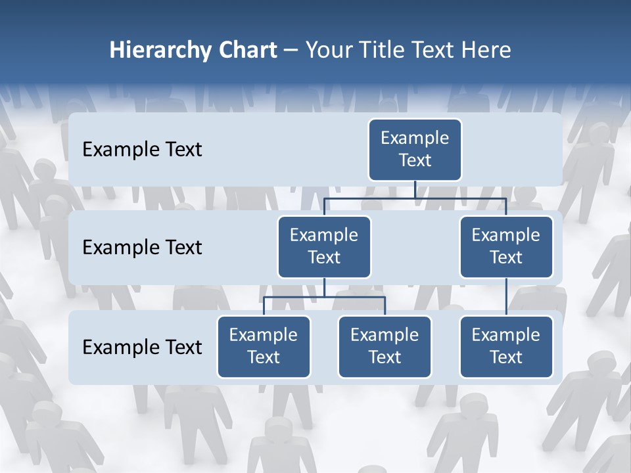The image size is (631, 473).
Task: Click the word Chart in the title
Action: coord(246,51)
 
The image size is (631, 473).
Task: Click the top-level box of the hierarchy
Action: coord(415,149)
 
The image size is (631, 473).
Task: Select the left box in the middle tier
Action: coord(324,246)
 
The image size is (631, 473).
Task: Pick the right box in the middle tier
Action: coord(506,246)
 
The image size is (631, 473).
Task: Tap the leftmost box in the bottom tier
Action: coord(264,346)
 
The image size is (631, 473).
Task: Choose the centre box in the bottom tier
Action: coord(385,346)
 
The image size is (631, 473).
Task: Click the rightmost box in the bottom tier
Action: coord(506,346)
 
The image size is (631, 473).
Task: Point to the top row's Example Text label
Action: coord(142,150)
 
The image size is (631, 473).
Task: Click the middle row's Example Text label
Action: coord(142,248)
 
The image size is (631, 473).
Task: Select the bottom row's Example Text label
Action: coord(142,347)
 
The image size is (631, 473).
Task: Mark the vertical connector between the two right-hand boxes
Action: coord(506,297)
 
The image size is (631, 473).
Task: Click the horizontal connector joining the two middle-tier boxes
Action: coord(415,198)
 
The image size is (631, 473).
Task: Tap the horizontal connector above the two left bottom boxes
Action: coord(324,297)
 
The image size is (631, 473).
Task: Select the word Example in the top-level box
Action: coord(415,138)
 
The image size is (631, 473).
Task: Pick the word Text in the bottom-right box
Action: coord(506,357)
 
